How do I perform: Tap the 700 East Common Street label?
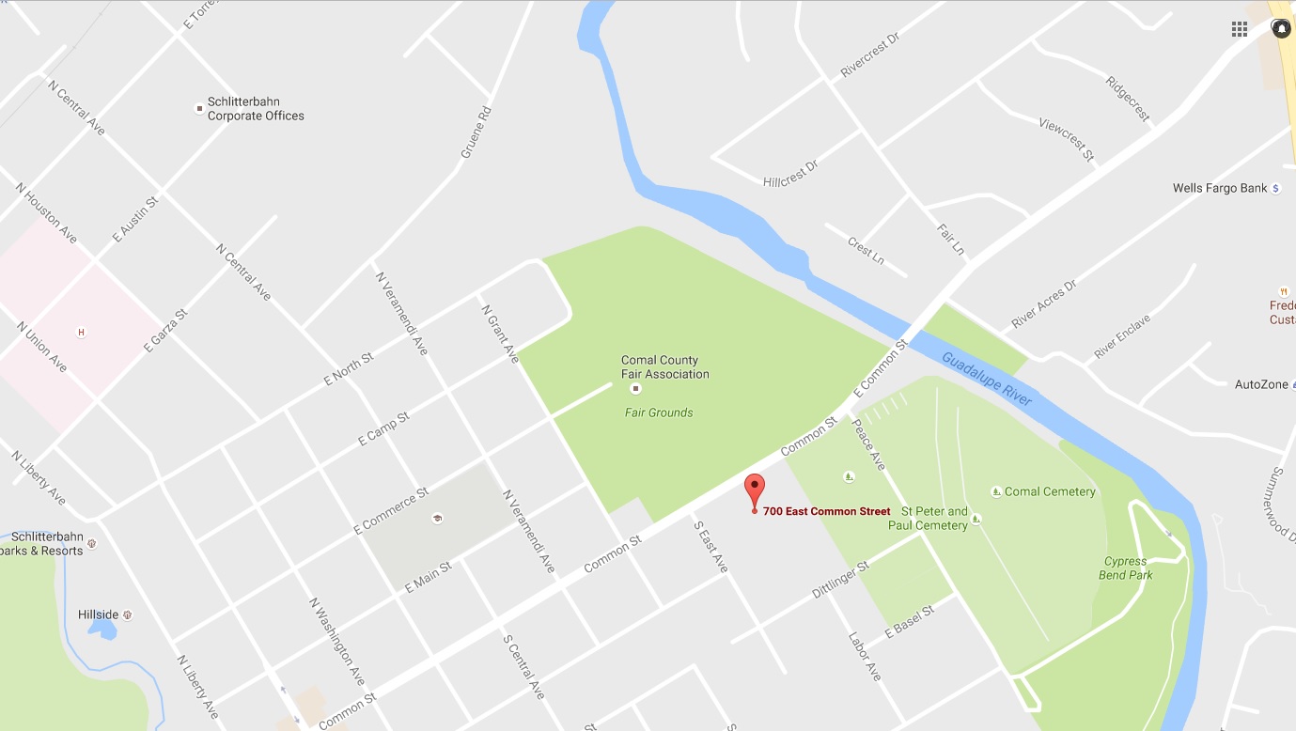tap(826, 512)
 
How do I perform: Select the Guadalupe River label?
tap(987, 378)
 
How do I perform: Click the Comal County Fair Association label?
tap(664, 367)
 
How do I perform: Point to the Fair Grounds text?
tap(659, 412)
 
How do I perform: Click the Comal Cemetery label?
tap(1050, 491)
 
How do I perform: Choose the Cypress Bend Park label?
tap(1126, 568)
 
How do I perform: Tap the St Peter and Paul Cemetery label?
tap(928, 519)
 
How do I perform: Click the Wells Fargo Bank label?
tap(1220, 189)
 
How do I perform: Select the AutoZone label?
tap(1261, 384)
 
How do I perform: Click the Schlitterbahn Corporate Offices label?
tap(256, 109)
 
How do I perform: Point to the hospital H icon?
tap(81, 332)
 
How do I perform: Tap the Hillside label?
tap(99, 615)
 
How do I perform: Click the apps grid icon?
tap(1240, 29)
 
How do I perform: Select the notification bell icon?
tap(1281, 29)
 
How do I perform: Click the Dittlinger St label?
tap(841, 580)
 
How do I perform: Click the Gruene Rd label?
tap(476, 132)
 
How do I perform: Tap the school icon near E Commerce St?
tap(437, 518)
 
